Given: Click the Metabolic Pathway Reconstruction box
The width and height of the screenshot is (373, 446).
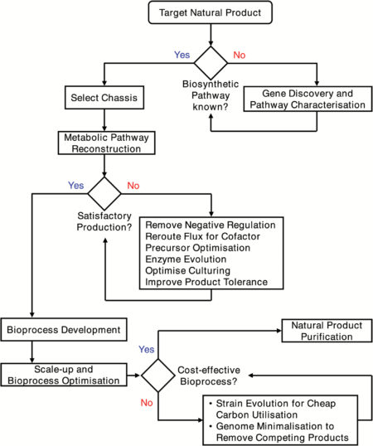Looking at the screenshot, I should click(x=102, y=143).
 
